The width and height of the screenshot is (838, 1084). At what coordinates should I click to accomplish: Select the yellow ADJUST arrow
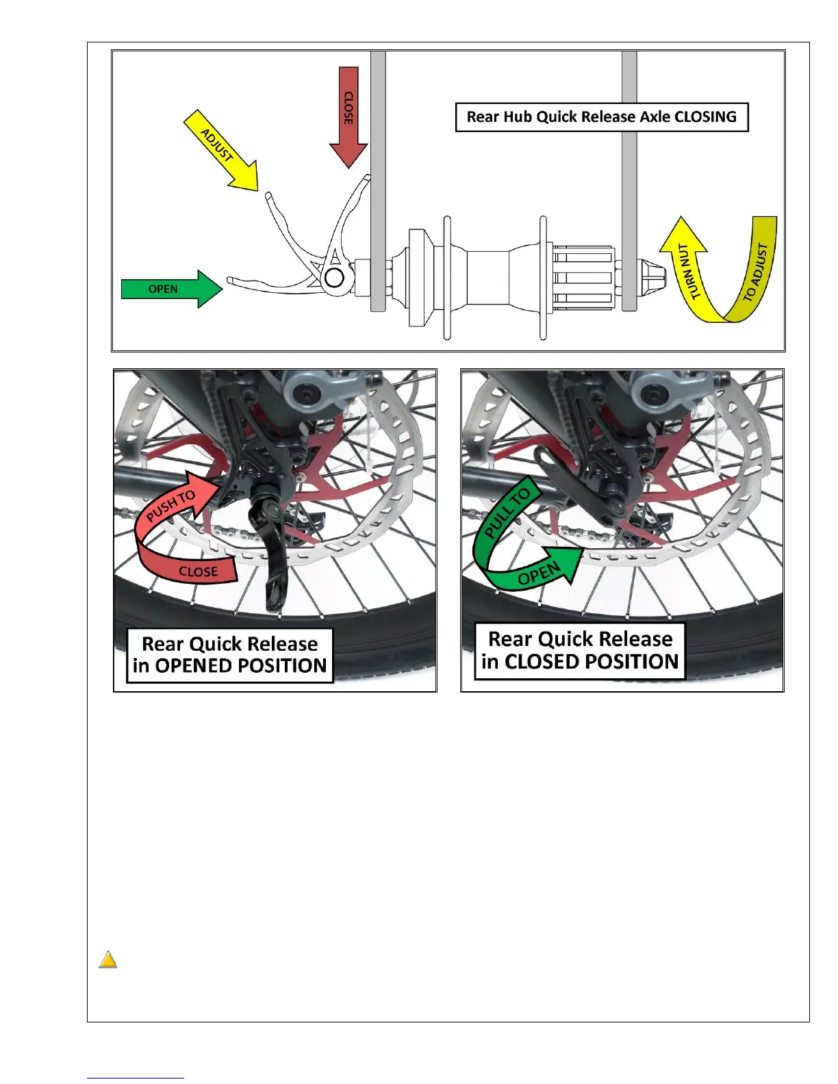pyautogui.click(x=221, y=149)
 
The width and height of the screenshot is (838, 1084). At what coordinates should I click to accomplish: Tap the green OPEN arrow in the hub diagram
pyautogui.click(x=171, y=289)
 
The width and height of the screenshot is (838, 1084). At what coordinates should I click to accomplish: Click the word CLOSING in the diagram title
pyautogui.click(x=705, y=117)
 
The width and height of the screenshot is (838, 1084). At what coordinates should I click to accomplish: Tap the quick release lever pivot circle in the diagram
pyautogui.click(x=334, y=278)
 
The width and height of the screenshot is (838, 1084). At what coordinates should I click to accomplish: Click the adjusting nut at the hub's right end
pyautogui.click(x=652, y=278)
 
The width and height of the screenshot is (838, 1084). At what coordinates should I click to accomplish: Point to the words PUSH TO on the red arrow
pyautogui.click(x=171, y=506)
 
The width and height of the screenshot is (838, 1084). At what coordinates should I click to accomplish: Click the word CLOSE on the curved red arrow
pyautogui.click(x=198, y=571)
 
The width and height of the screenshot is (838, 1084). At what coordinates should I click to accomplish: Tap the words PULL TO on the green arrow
pyautogui.click(x=507, y=513)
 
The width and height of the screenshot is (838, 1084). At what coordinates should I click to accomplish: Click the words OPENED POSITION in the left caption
pyautogui.click(x=240, y=666)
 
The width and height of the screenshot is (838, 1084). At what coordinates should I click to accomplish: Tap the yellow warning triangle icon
pyautogui.click(x=107, y=960)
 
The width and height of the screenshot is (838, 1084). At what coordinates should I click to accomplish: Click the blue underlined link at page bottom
pyautogui.click(x=136, y=1078)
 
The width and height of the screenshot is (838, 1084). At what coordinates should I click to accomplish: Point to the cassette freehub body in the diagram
pyautogui.click(x=581, y=277)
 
